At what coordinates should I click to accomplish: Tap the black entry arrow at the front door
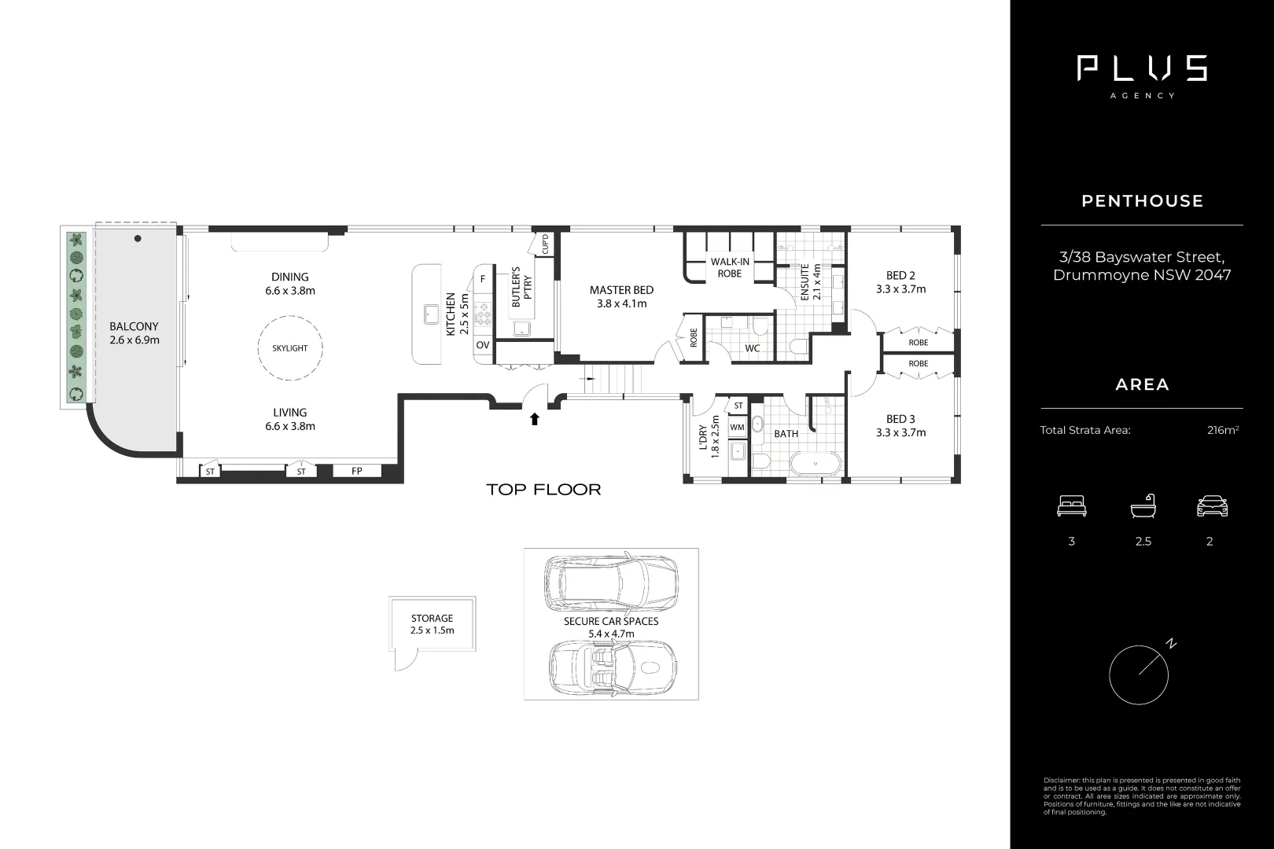point(535,419)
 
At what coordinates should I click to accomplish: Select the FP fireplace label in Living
point(356,471)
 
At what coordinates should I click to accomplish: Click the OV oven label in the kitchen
point(483,344)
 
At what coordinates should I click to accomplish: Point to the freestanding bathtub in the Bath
point(815,464)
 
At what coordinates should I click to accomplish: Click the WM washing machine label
point(737,427)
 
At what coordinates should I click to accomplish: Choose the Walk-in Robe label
point(730,267)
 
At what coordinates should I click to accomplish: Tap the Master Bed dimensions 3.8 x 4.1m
point(621,303)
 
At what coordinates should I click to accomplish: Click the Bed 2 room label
point(900,275)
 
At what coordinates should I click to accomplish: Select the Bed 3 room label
point(900,419)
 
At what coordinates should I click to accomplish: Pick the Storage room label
point(433,618)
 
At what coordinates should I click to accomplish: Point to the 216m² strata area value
point(1223,430)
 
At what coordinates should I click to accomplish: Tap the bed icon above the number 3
point(1072,505)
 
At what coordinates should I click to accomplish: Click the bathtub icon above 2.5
point(1143,505)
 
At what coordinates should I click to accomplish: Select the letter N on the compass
point(1171,644)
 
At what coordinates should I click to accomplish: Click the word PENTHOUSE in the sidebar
point(1142,201)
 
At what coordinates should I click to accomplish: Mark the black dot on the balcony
point(138,238)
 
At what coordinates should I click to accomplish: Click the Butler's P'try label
point(521,287)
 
